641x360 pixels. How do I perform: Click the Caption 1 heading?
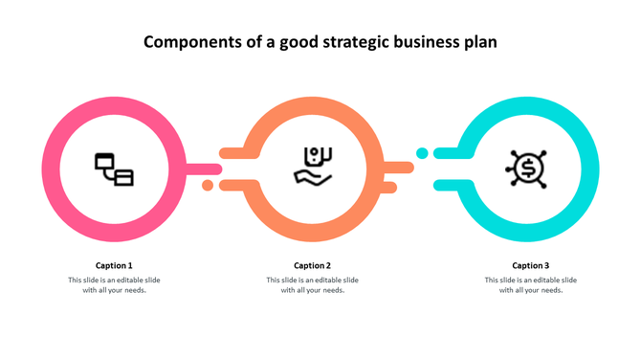tap(114, 265)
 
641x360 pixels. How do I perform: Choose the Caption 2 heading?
tap(312, 265)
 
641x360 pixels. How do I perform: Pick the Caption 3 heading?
tap(530, 265)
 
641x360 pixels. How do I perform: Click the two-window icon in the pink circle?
tap(114, 169)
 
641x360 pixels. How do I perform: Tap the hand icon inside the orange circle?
tap(313, 165)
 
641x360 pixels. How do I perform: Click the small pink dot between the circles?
tap(208, 185)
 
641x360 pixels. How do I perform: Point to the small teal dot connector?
tap(421, 153)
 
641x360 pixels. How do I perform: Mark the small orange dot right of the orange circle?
tap(391, 185)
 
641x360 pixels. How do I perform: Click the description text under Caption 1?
tap(114, 285)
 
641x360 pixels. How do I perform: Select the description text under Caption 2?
tap(312, 285)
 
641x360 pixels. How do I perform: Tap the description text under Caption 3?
tap(530, 285)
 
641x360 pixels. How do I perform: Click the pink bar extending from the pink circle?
tap(202, 169)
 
